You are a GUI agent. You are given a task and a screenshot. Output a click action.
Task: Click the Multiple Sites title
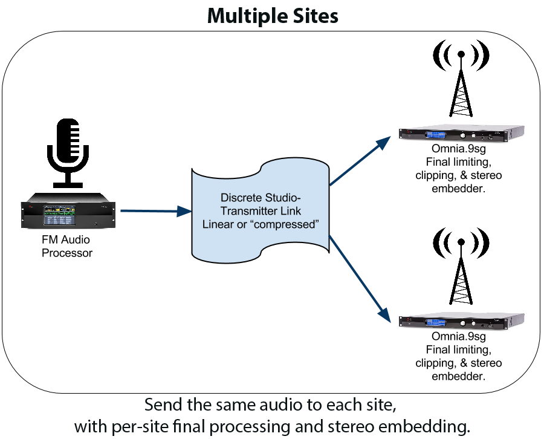tap(273, 16)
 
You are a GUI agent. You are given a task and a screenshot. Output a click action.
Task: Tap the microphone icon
tap(68, 153)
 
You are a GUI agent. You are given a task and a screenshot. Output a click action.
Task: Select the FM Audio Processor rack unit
tap(68, 210)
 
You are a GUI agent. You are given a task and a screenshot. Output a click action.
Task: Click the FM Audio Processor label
tap(67, 246)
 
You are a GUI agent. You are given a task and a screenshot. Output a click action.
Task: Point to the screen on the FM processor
tap(59, 215)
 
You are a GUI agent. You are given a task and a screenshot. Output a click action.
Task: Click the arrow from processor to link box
tap(156, 211)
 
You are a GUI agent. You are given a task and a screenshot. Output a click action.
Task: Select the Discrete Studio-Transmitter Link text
tap(261, 204)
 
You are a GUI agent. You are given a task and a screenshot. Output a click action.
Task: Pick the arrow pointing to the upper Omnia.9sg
tap(360, 161)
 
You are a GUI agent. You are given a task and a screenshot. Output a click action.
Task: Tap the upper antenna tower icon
tap(461, 78)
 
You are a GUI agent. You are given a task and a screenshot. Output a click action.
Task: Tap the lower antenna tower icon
tap(461, 266)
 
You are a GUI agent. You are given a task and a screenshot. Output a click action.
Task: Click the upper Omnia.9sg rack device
tap(461, 133)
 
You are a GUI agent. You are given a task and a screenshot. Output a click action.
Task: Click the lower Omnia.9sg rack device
tap(461, 321)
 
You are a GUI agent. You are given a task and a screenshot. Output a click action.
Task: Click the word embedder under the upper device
tap(458, 189)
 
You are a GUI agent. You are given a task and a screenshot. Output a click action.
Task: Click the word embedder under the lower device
tap(458, 376)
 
